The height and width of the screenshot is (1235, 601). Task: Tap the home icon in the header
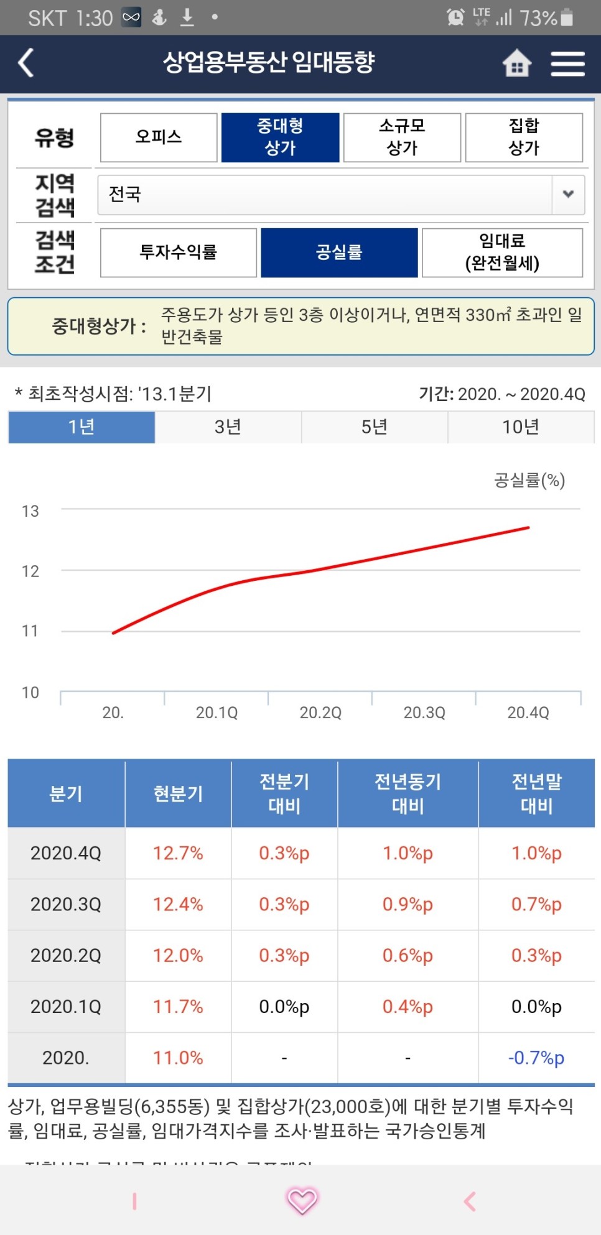pos(516,63)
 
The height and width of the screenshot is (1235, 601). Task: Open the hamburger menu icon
pos(567,63)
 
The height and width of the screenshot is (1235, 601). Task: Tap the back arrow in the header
pos(26,63)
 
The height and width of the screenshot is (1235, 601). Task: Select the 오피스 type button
pos(159,137)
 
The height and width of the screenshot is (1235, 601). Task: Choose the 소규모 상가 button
pos(402,137)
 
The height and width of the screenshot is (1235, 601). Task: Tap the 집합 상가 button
pos(524,137)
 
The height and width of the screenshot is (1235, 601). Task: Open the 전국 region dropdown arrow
pos(568,194)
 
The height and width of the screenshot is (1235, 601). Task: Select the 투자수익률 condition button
pos(179,252)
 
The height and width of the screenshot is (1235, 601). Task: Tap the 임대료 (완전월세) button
pos(502,252)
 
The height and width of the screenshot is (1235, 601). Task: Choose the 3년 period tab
pos(228,427)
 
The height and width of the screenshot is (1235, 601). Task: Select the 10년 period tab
pos(521,427)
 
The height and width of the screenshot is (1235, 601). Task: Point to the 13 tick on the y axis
pos(30,511)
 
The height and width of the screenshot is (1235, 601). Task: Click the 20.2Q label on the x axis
pos(320,713)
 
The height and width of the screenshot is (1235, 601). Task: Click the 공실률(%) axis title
pos(529,480)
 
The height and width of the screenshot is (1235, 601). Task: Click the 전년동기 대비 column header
pos(408,793)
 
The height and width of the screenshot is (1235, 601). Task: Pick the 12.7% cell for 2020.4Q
pos(178,853)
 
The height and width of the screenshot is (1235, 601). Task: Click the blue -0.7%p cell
pos(536,1058)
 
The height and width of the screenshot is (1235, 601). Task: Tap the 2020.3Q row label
pos(66,904)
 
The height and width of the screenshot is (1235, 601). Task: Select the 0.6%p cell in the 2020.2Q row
pos(408,956)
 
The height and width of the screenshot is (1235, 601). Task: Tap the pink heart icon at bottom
pos(302,1200)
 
